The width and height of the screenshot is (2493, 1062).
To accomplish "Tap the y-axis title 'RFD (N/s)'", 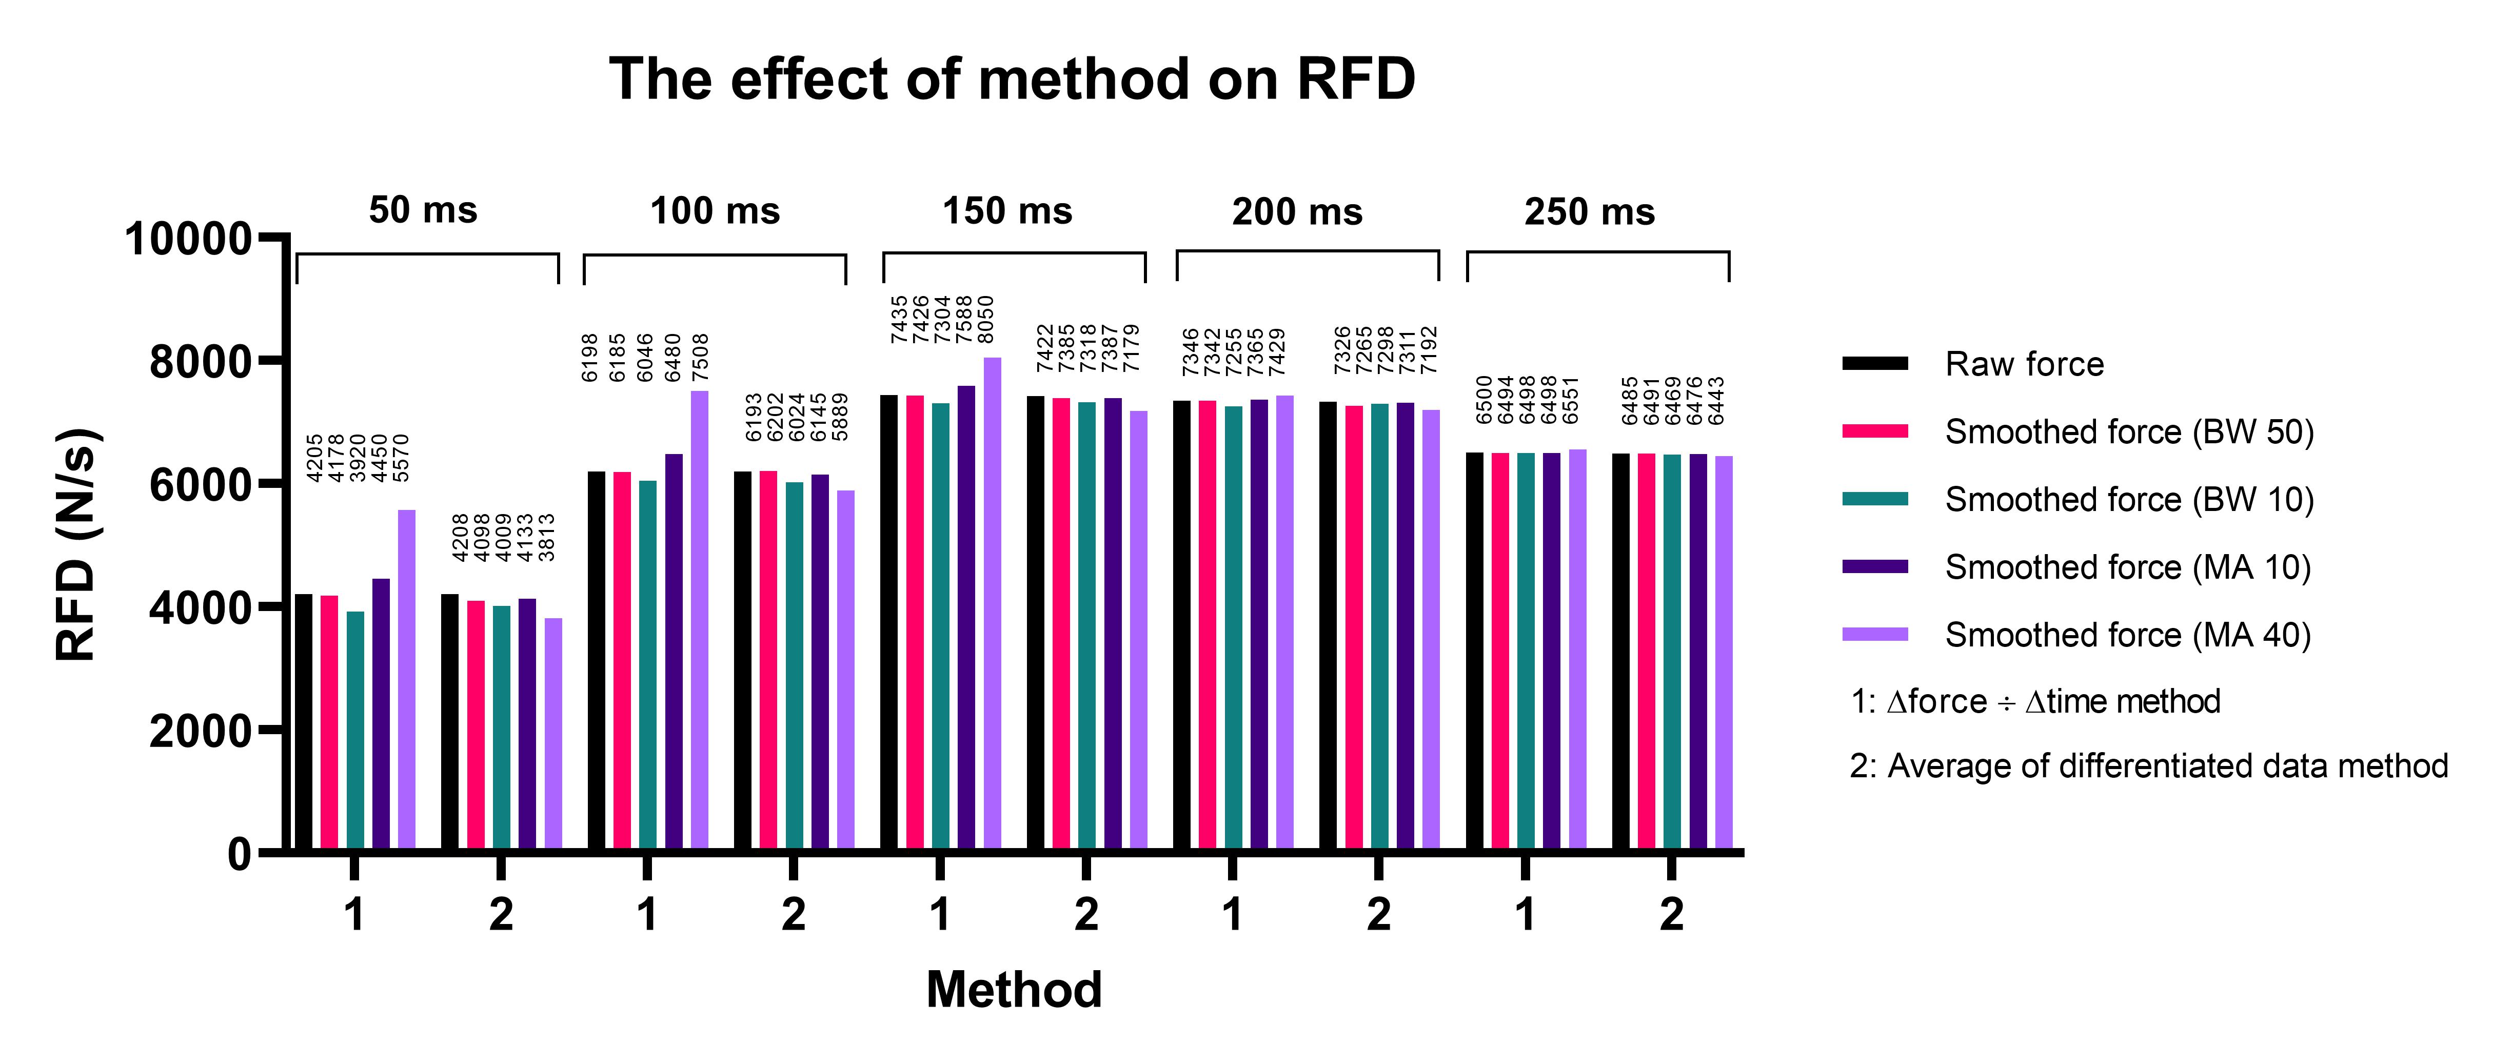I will point(77,544).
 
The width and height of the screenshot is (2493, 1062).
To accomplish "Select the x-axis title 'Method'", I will point(1013,989).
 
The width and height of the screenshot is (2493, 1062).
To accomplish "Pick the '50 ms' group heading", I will point(423,210).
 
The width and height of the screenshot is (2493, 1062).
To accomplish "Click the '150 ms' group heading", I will point(1007,211).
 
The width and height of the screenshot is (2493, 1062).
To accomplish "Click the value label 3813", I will point(547,537).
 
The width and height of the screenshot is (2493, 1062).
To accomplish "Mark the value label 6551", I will point(1571,400).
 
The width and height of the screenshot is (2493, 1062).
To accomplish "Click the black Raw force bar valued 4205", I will point(304,721).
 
